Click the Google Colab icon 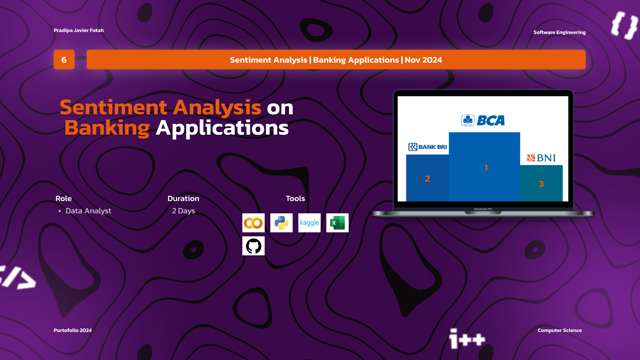pos(253,223)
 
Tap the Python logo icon pos(281,223)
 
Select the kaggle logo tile pos(309,223)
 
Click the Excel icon pos(337,223)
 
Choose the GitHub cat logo pos(253,246)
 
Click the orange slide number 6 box pos(64,60)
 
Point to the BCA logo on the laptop pos(483,120)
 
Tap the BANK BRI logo pos(428,147)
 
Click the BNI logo pos(541,158)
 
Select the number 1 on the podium pos(486,167)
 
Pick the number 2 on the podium pos(427,179)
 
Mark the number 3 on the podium pos(541,184)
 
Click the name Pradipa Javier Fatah pos(79,30)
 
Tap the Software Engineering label pos(560,32)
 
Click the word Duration pos(183,198)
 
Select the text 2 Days pos(184,211)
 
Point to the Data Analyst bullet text pos(88,211)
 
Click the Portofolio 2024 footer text pos(73,330)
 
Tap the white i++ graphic pos(467,339)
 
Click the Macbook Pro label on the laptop pos(483,209)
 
